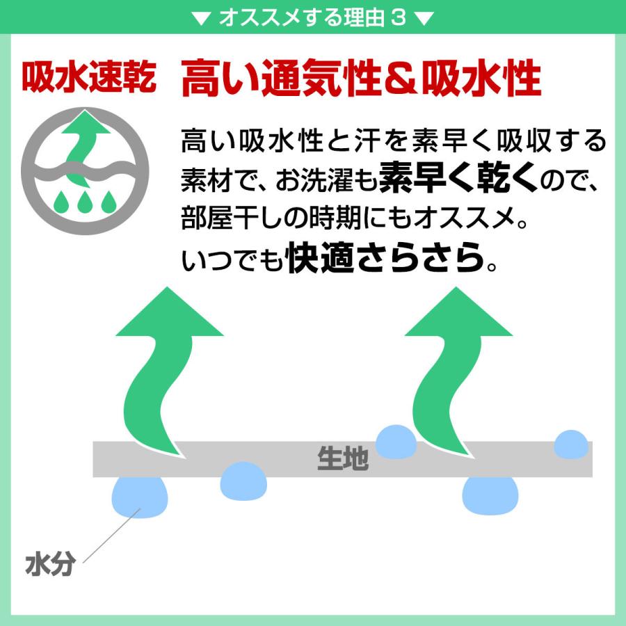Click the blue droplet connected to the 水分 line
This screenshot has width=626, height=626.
click(x=140, y=497)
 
